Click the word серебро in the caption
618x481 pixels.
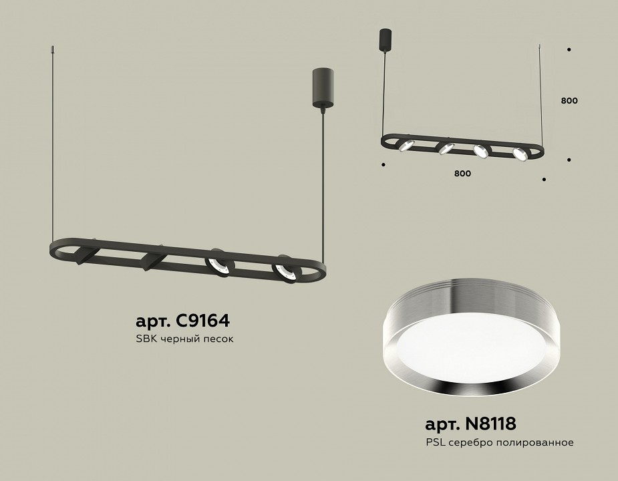coord(469,442)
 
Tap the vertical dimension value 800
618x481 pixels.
coord(569,101)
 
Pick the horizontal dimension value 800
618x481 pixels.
coord(462,174)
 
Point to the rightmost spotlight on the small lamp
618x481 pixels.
coord(520,153)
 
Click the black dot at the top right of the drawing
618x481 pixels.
coord(569,49)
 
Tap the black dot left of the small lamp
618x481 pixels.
coord(383,164)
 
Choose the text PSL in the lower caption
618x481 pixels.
coord(434,442)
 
